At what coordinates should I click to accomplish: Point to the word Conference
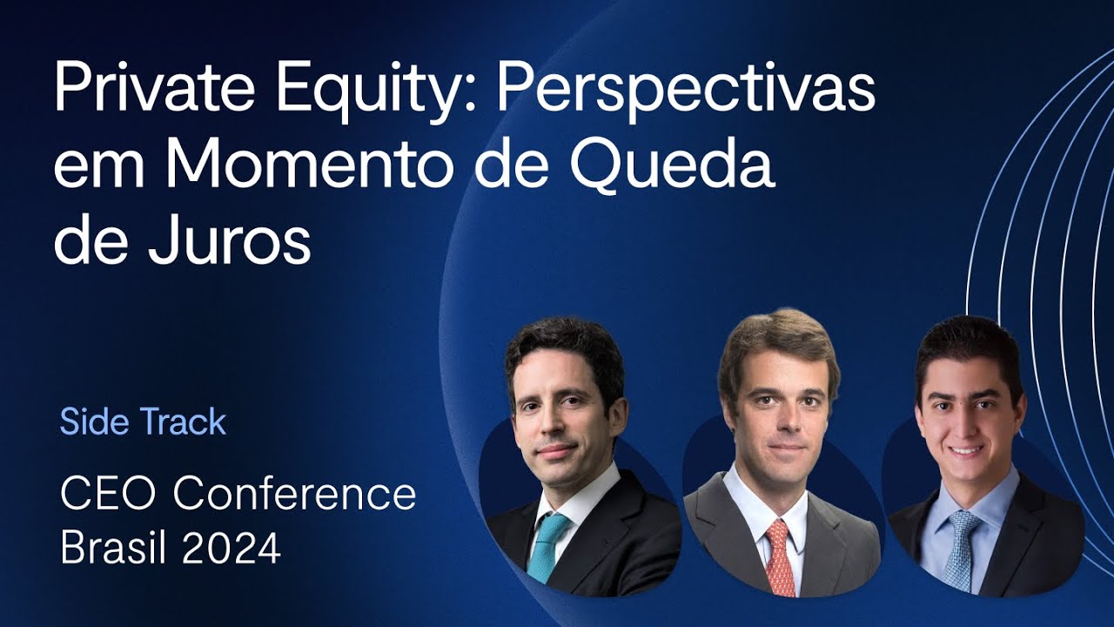(294, 495)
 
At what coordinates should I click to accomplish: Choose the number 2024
(232, 549)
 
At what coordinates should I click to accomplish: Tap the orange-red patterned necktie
(780, 557)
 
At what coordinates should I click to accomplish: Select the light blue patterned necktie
(963, 549)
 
